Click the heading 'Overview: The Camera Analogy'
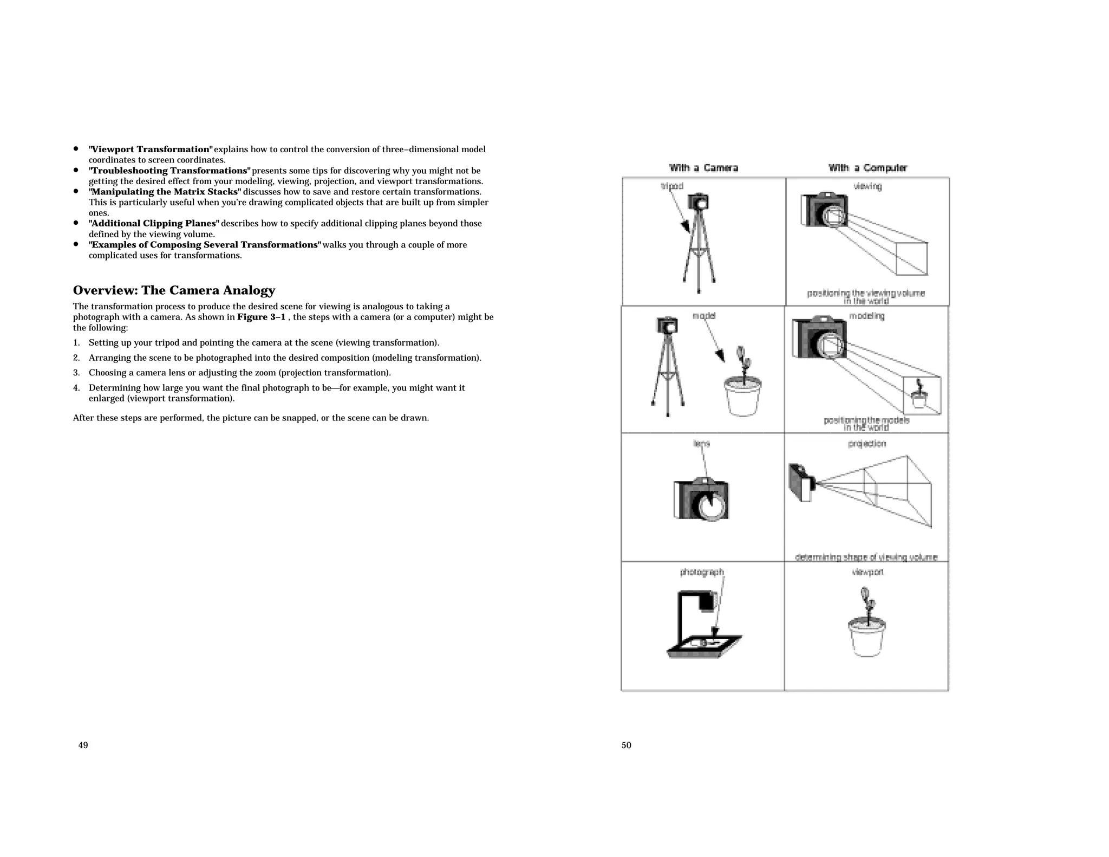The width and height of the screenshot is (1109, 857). click(174, 290)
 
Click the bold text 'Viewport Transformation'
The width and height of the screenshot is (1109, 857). click(151, 149)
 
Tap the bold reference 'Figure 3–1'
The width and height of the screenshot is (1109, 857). click(261, 317)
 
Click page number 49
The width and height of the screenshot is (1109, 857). click(83, 745)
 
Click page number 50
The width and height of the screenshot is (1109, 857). click(626, 745)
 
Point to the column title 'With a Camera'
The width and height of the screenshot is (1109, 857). click(703, 168)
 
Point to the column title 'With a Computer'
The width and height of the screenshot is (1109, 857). click(867, 168)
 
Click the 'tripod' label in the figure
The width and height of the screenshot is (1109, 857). click(672, 186)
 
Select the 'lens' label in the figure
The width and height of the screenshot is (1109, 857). click(701, 444)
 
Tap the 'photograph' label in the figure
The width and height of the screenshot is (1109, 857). click(702, 572)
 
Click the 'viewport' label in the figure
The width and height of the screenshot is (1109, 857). click(867, 572)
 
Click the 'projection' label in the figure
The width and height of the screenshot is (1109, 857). click(867, 444)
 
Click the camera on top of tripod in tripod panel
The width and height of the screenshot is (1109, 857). click(698, 202)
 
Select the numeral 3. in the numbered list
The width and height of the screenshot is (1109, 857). click(76, 373)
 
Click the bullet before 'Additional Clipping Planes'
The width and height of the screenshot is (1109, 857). click(76, 223)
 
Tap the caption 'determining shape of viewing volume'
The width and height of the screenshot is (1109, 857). click(866, 557)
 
